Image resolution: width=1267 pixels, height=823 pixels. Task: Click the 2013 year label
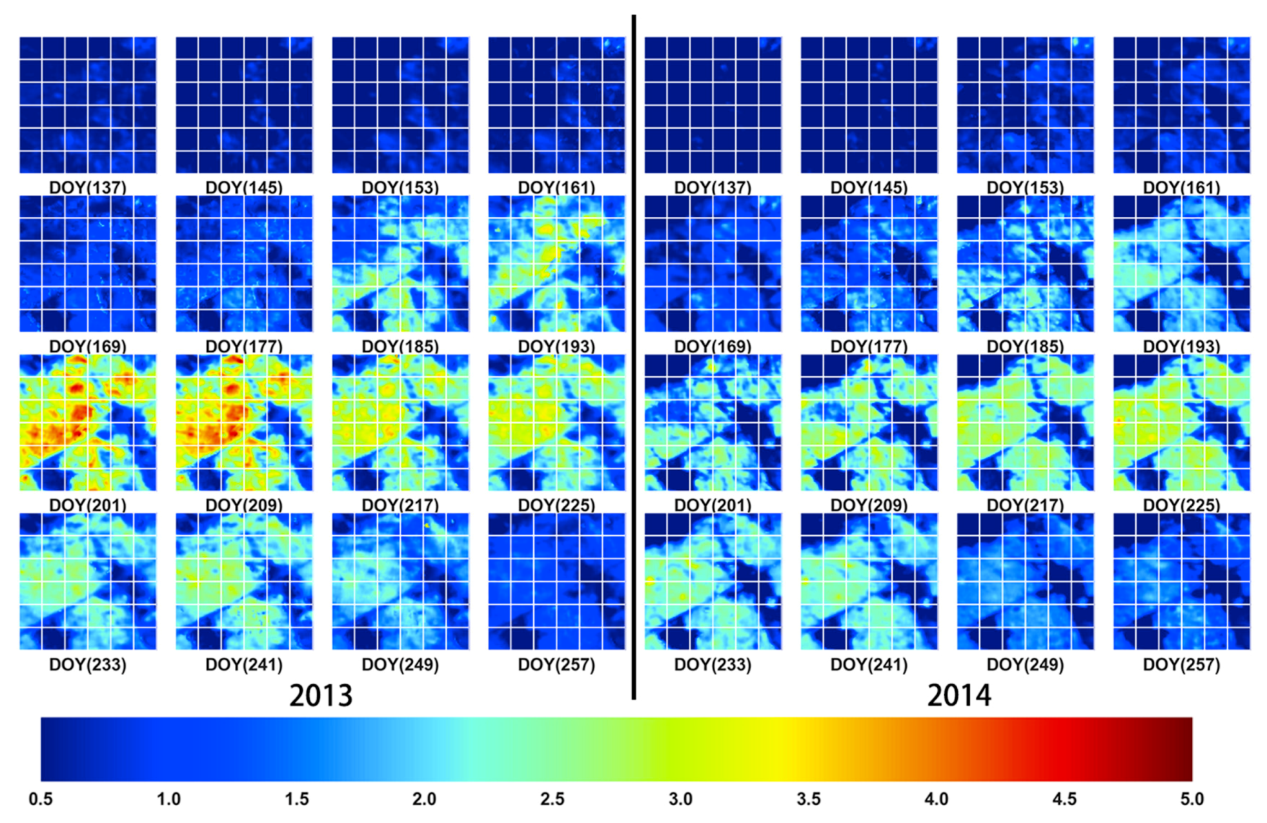point(321,695)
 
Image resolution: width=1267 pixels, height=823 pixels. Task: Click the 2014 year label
point(959,695)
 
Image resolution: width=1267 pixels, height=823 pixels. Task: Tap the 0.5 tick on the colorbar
point(41,799)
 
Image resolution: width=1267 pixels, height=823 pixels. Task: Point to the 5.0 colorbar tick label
point(1192,799)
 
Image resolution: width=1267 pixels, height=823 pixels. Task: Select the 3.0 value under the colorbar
point(680,799)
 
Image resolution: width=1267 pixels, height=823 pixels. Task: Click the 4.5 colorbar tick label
point(1064,799)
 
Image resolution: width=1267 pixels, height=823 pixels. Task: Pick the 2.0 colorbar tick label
point(424,799)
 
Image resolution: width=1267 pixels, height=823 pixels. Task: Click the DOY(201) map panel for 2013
point(88,423)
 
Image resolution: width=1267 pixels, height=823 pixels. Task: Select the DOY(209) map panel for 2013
point(244,423)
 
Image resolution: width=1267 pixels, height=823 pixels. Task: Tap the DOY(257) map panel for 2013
point(556,582)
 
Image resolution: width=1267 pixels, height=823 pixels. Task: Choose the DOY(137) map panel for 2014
point(713,105)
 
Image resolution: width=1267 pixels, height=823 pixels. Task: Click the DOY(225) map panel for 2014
point(1181,423)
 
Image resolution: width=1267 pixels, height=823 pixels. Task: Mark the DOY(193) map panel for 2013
point(556,264)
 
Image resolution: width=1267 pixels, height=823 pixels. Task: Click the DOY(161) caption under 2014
point(1181,187)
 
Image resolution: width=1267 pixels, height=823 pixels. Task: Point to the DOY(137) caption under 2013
point(88,187)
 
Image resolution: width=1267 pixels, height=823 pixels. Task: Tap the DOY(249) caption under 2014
point(1025,664)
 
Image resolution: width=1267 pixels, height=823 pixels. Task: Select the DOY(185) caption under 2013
point(400,346)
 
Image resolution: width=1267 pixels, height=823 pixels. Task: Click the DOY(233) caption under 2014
point(713,664)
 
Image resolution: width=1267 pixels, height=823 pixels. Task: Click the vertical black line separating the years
point(634,355)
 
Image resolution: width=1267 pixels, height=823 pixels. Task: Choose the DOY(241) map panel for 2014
point(869,582)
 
